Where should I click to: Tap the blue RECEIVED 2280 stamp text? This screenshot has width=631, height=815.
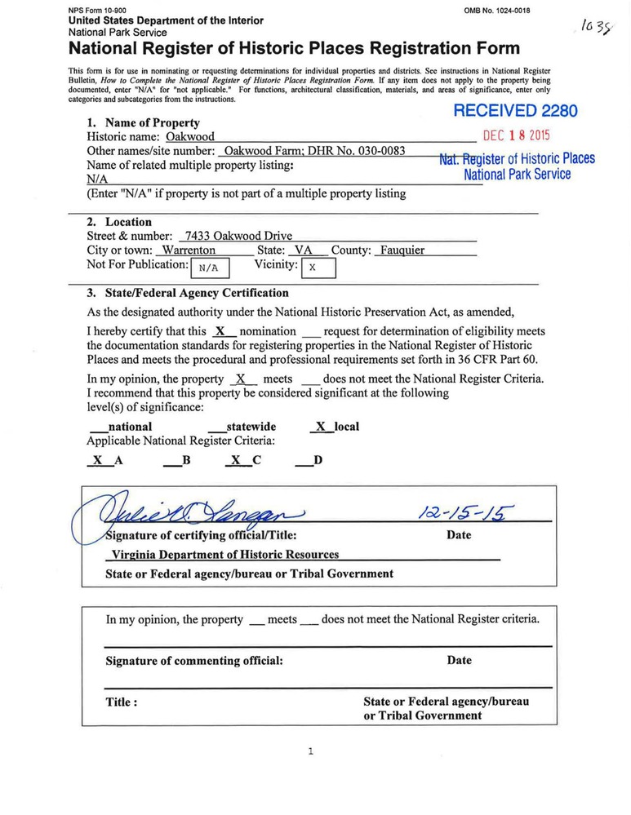[x=515, y=111]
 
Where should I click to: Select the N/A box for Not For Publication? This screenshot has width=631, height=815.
[x=209, y=268]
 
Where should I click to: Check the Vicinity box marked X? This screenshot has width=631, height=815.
[x=318, y=268]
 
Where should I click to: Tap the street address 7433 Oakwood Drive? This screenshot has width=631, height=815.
[x=238, y=237]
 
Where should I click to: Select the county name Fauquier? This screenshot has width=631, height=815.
[x=402, y=250]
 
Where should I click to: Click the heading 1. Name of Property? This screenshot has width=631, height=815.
[x=143, y=123]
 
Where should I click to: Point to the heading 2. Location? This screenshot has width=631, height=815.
[x=119, y=222]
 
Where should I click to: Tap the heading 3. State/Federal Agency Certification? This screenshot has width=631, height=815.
[x=188, y=293]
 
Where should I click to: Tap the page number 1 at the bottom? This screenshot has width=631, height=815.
[x=310, y=751]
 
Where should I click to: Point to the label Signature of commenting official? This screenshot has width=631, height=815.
[x=194, y=661]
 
